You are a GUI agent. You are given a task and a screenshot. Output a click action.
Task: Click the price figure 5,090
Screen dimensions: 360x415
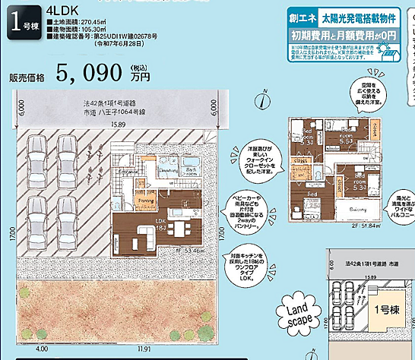click(90, 73)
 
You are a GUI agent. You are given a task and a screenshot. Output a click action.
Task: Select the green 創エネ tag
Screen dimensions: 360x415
click(303, 15)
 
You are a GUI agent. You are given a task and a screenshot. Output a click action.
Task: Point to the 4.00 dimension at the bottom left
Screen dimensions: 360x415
click(42, 349)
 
